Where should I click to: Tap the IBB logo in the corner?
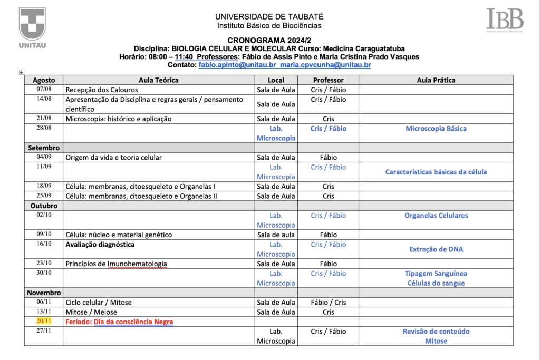pos(505,20)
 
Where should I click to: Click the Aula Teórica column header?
pos(158,80)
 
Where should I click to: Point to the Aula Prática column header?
pos(436,80)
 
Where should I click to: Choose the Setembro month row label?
pos(44,148)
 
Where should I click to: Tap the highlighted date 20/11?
pos(44,322)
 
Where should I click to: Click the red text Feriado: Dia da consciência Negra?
pos(119,322)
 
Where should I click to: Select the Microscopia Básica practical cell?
pos(436,129)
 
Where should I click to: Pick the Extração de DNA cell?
pos(436,249)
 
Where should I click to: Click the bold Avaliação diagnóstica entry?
pos(100,245)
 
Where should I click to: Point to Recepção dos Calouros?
pos(102,90)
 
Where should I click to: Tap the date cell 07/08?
pos(44,90)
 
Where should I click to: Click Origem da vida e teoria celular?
pos(113,158)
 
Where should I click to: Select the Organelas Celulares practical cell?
pos(436,216)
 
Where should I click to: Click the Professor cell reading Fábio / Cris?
pos(328,303)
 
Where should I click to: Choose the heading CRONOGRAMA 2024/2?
pos(269,41)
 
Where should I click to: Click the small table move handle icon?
pos(21,72)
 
